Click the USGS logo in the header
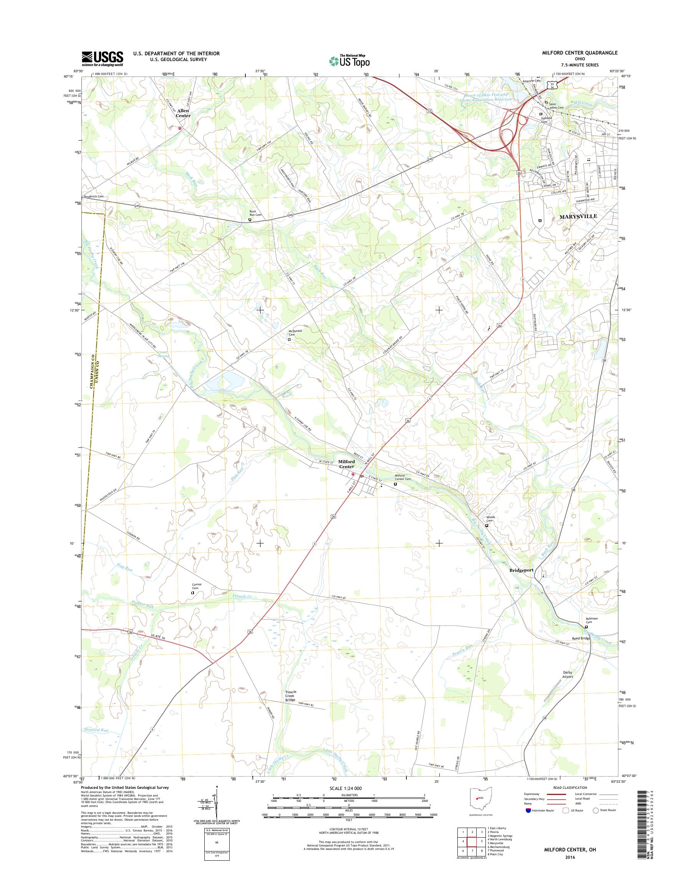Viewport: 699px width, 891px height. tap(102, 58)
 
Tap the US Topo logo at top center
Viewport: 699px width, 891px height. tap(349, 61)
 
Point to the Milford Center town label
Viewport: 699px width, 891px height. tap(346, 464)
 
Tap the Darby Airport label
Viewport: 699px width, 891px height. tap(567, 674)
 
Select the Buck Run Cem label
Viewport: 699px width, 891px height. tap(255, 213)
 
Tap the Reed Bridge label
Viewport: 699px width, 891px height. tap(580, 638)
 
